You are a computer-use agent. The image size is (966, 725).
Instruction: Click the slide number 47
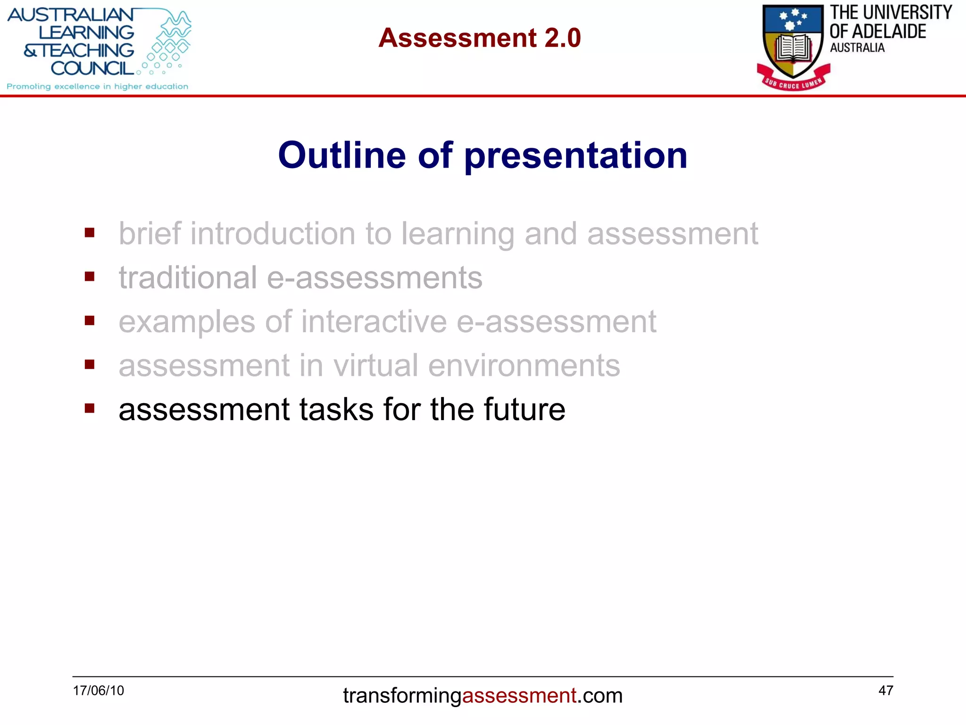point(885,691)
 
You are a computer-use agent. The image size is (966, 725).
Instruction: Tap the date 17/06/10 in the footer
point(98,691)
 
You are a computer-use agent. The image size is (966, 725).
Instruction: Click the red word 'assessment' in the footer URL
point(519,696)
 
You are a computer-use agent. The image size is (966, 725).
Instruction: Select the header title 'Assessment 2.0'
point(479,38)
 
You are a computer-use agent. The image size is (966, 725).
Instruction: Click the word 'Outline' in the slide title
point(341,155)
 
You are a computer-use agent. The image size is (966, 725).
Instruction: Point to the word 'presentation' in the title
point(575,156)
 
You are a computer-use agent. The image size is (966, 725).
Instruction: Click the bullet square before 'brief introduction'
point(90,233)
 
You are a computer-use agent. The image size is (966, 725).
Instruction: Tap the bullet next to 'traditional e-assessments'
point(90,277)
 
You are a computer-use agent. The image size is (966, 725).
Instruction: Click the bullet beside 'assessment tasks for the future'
point(90,408)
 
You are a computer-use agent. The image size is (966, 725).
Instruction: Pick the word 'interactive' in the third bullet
point(374,321)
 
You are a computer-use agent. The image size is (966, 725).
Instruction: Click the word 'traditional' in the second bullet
point(188,278)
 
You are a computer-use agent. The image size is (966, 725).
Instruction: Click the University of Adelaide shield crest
point(793,40)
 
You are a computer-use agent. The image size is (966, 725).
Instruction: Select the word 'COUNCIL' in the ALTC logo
point(92,69)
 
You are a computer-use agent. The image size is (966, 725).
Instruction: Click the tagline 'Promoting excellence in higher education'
point(97,86)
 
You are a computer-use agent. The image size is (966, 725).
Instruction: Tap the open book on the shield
point(794,49)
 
